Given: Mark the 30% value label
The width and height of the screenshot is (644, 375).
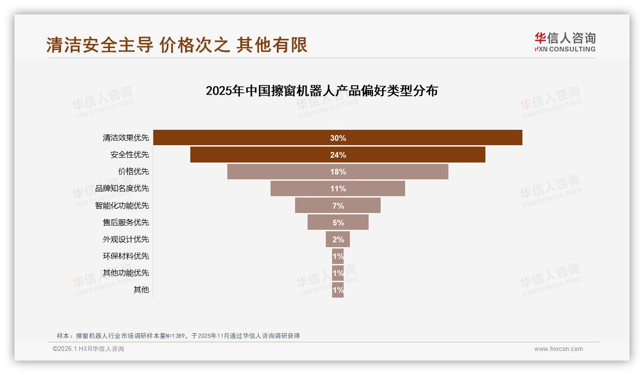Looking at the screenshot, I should click(338, 138).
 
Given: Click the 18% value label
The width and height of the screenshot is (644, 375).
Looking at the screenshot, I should click(338, 172).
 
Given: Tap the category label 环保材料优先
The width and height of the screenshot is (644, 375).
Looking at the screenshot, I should click(126, 256).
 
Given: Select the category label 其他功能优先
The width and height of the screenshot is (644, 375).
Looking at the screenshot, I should click(126, 273).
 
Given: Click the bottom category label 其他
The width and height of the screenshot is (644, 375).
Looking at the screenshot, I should click(141, 289).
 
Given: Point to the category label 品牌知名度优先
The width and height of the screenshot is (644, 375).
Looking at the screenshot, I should click(122, 188).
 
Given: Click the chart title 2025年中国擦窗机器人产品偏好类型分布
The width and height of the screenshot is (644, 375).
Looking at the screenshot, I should click(322, 91).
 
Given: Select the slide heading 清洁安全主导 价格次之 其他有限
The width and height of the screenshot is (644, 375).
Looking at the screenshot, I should click(177, 45).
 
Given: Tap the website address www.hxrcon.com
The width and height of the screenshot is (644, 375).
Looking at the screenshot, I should click(558, 349).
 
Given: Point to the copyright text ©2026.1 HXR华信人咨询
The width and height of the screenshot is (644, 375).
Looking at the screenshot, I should click(88, 349).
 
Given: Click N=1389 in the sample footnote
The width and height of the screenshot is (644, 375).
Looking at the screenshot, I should click(176, 336).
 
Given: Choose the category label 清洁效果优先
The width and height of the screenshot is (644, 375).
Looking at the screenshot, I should click(126, 138).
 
